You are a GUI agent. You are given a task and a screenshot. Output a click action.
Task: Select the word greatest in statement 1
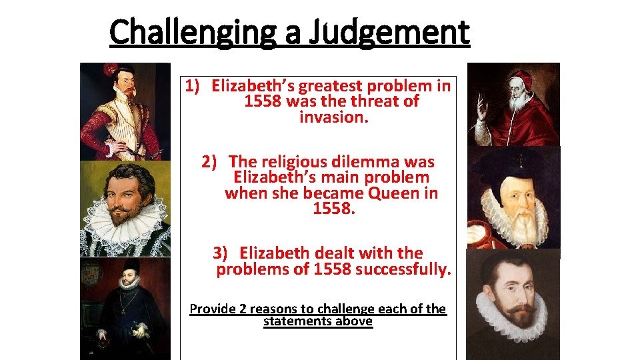(331, 86)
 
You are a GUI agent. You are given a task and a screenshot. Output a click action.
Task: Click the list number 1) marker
(193, 86)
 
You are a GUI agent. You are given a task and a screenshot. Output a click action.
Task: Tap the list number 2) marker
(209, 162)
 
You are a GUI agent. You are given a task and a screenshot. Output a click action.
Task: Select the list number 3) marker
(221, 253)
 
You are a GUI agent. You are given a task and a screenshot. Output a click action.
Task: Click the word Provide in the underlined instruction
(213, 309)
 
